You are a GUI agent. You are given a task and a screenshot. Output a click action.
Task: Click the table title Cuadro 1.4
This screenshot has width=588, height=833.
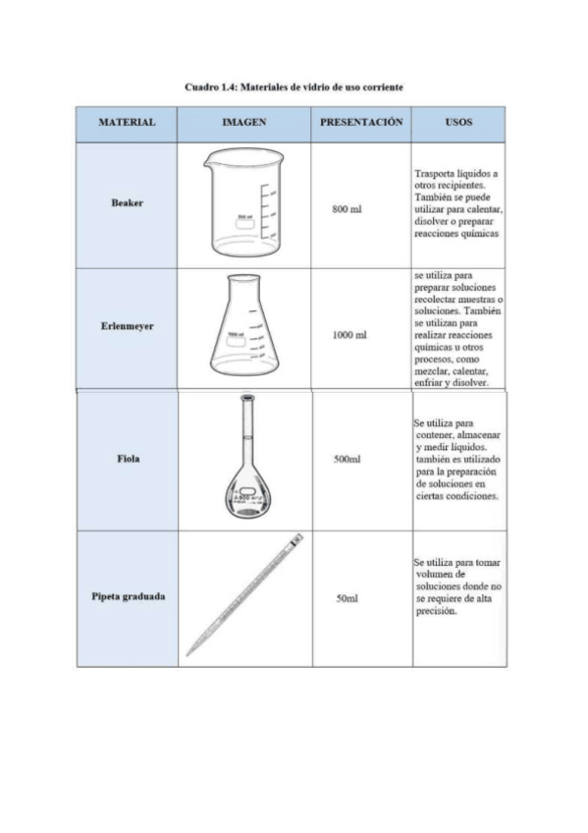(294, 87)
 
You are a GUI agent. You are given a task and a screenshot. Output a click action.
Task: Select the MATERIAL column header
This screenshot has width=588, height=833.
(127, 123)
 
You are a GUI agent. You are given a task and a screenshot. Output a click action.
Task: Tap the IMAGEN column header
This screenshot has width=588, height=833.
(244, 123)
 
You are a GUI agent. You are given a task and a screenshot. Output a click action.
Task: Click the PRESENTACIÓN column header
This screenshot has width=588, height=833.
(361, 123)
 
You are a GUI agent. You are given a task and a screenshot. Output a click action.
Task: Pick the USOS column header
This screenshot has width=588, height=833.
(457, 123)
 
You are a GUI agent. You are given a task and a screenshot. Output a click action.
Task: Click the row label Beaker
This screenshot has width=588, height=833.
(127, 202)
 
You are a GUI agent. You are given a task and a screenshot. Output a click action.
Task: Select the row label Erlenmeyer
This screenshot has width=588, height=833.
(127, 326)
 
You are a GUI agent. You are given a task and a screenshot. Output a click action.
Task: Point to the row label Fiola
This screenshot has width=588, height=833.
(127, 459)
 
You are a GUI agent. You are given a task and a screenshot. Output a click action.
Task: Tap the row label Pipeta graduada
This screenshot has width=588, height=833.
(127, 596)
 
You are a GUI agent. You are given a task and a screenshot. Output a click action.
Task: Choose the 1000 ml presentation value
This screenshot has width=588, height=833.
(349, 335)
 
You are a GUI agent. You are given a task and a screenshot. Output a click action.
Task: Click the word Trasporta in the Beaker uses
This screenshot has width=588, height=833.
(434, 173)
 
